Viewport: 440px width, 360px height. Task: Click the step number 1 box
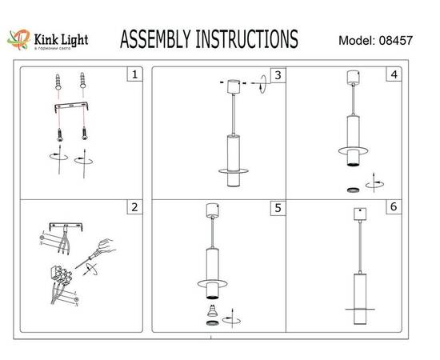click(134, 76)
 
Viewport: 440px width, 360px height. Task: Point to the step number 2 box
click(134, 208)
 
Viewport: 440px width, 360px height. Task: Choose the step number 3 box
click(277, 76)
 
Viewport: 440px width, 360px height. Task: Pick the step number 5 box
click(277, 208)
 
